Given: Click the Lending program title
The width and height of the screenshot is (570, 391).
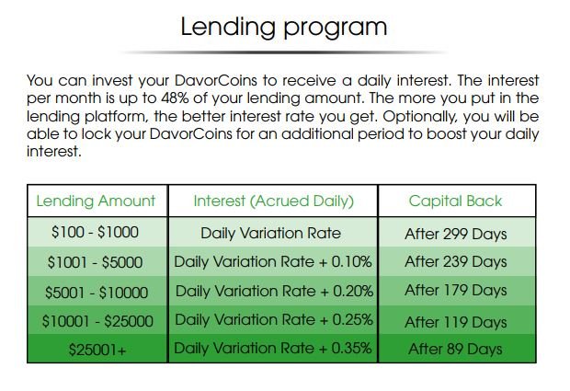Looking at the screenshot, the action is coord(284,28).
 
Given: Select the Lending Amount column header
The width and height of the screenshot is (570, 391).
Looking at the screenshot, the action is coord(96,201).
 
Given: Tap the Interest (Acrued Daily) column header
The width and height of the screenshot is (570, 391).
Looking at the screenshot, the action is coord(273,201).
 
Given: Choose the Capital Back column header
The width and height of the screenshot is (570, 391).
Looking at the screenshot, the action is coord(455,201).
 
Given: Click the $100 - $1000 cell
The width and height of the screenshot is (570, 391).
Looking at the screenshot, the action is coord(95,232).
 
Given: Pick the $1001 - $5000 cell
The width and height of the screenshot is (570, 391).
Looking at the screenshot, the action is coord(95,262).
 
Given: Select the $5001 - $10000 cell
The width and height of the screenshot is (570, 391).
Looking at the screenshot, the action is coord(97,293).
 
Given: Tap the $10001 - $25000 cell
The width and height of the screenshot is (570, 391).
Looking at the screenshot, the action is coord(97,321).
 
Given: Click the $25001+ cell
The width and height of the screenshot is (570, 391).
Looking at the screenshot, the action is coord(97,350).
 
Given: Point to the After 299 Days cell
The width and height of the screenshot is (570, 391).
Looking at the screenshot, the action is coord(455,234).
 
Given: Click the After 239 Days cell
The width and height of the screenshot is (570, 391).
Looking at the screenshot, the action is coord(455,261).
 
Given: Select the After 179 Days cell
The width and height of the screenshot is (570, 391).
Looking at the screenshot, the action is coord(455,290).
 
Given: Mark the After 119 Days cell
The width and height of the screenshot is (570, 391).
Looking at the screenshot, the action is coord(455,322).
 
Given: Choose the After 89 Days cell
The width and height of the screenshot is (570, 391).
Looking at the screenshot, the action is coord(455,349).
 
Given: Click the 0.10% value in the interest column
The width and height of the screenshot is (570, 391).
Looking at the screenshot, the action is coord(351,262).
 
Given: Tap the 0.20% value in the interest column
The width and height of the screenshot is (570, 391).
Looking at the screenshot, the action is coord(353,291).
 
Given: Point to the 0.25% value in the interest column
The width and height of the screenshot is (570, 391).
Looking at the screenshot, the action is coord(353,320).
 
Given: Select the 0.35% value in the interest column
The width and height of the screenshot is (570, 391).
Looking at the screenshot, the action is coord(351,348).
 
